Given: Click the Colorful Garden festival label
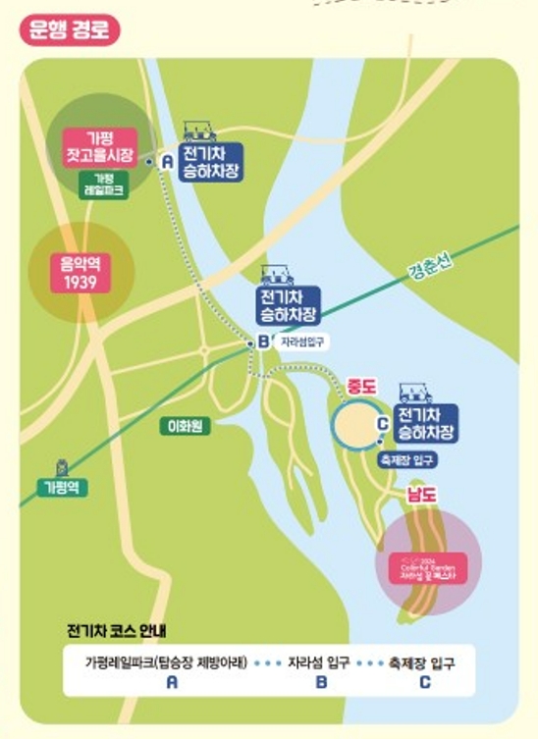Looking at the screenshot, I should [x=424, y=566].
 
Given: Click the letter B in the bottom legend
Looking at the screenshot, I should [x=321, y=681].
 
